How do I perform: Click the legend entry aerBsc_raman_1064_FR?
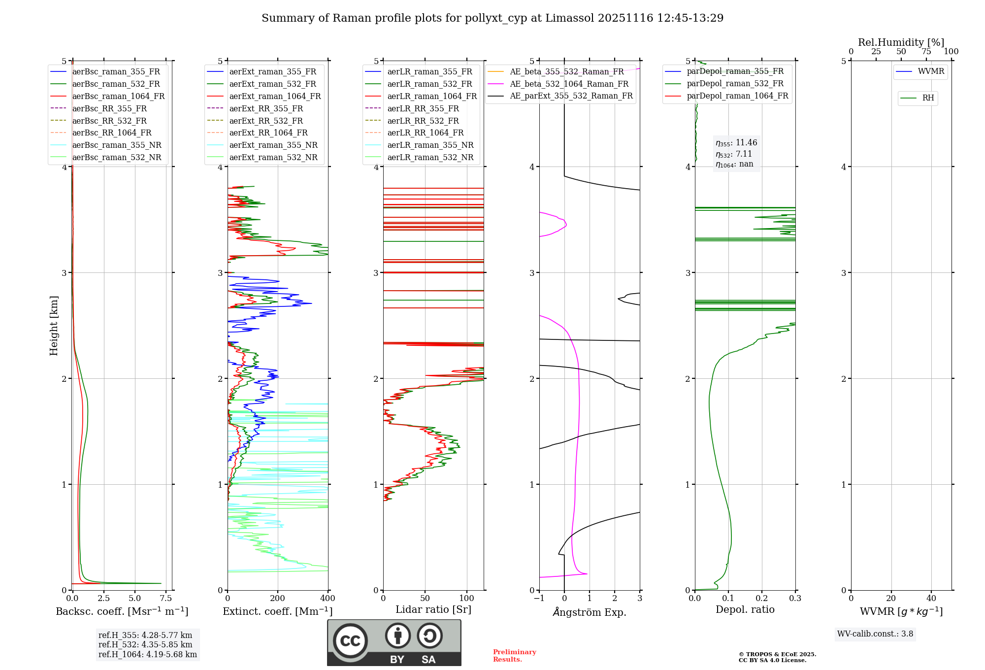pos(118,97)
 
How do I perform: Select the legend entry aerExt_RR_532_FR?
pos(266,121)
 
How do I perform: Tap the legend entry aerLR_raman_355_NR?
pos(430,145)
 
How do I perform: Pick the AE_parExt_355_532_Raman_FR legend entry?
pos(571,96)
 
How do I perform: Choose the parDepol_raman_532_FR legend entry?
pos(735,84)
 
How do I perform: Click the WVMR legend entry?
pos(931,71)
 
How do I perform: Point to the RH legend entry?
pos(928,98)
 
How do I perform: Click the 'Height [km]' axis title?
pos(54,326)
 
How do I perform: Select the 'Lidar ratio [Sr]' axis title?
pos(433,610)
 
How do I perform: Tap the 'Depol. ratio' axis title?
pos(745,610)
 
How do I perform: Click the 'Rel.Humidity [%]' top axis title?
pos(901,42)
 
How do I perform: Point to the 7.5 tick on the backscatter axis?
pos(166,599)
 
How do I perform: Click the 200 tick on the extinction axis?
pos(278,599)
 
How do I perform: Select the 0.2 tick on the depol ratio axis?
pos(762,599)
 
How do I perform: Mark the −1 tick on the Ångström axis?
pos(539,599)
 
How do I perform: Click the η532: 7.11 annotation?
pos(734,154)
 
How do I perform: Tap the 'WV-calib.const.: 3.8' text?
pos(875,634)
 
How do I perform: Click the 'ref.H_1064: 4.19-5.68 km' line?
pos(148,655)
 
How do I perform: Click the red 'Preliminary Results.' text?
pos(514,656)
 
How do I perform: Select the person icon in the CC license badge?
pos(398,636)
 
